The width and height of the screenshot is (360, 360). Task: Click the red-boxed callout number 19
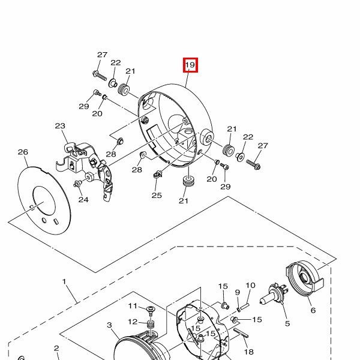[x=190, y=65]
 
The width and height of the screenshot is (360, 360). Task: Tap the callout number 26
[x=23, y=152]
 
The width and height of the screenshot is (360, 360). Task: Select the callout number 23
[x=60, y=126]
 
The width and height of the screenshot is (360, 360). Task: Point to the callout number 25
[x=157, y=196]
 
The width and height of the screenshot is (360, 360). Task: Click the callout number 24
[x=83, y=200]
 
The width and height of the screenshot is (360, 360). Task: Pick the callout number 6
[x=313, y=310]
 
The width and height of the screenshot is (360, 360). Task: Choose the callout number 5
[x=287, y=323]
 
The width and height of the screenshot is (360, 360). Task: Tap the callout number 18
[x=248, y=352]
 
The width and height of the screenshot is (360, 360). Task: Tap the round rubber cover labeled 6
[x=305, y=278]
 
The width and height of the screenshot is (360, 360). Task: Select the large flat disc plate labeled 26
[x=44, y=200]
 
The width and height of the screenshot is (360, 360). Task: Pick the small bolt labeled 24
[x=78, y=184]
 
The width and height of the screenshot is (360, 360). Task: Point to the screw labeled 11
[x=151, y=311]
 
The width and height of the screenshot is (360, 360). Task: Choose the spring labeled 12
[x=151, y=325]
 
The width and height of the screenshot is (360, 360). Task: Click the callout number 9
[x=238, y=292]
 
